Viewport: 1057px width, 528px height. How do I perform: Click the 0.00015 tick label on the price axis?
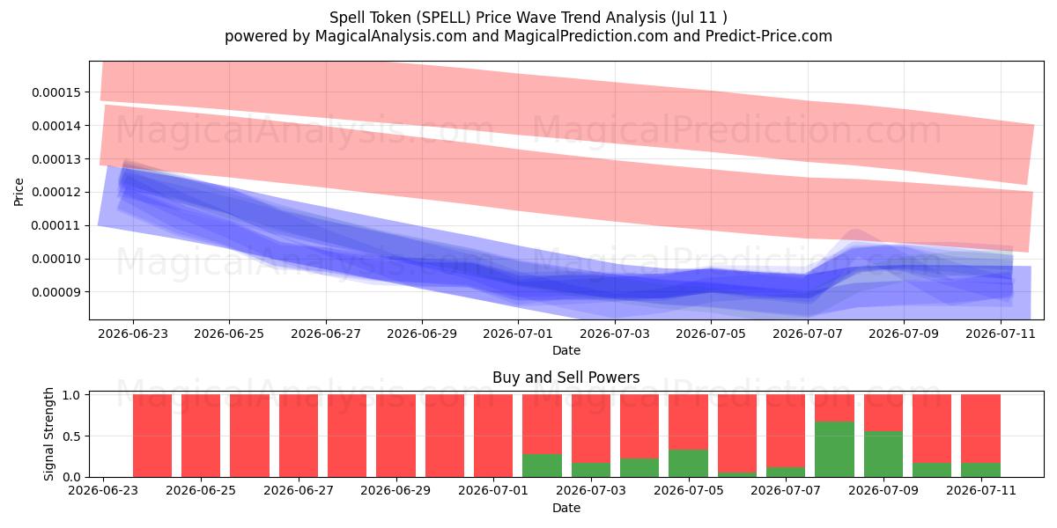(x=56, y=92)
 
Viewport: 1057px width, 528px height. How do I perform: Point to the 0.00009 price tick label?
(x=56, y=292)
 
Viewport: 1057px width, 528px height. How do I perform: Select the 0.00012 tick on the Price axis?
(x=56, y=193)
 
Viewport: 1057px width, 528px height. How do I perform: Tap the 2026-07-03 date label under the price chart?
(x=615, y=334)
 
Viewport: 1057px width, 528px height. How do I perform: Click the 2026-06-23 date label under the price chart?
(x=133, y=334)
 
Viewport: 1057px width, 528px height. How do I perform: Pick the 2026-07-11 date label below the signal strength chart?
(x=981, y=491)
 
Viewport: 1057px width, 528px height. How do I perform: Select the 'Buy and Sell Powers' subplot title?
(x=565, y=378)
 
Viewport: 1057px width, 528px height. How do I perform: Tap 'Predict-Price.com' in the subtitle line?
(x=769, y=36)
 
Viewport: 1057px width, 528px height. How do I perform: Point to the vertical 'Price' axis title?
(x=18, y=192)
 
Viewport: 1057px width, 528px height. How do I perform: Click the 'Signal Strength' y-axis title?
(x=48, y=434)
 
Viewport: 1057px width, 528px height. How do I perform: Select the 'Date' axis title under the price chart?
(x=566, y=350)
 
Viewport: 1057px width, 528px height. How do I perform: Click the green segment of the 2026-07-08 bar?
(x=834, y=450)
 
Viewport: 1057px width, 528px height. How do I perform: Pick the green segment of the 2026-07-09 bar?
(x=883, y=454)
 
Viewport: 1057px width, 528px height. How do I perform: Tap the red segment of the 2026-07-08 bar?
(x=834, y=408)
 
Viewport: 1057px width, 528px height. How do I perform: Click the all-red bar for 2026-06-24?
(x=152, y=436)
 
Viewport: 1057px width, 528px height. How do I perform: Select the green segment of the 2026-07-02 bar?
(x=542, y=466)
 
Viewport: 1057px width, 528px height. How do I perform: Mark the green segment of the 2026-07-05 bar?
(x=688, y=464)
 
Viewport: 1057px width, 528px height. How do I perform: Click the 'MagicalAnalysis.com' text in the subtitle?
(x=391, y=36)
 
